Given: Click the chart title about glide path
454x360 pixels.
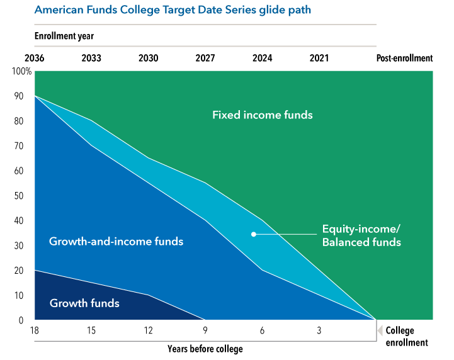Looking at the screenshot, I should (x=173, y=10).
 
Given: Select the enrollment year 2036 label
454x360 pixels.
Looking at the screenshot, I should (x=34, y=58).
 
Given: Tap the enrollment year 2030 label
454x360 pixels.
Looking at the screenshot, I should (x=148, y=58).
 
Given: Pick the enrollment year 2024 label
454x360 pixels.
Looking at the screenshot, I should (x=262, y=58).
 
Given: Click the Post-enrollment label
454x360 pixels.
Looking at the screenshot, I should (x=404, y=58).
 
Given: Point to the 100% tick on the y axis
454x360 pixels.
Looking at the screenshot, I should (x=21, y=71).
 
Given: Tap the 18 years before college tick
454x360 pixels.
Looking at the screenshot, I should (x=35, y=330).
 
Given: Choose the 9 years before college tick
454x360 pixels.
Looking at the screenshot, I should (x=205, y=330).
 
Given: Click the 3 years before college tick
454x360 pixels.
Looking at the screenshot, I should (x=319, y=330).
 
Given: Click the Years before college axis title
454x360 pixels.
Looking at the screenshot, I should (x=205, y=348).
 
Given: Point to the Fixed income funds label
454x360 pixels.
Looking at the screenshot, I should (x=262, y=115).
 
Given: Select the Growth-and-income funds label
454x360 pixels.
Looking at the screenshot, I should (x=116, y=241).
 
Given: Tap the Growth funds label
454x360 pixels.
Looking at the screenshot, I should (x=84, y=303).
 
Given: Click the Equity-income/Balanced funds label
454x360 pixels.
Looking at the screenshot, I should (x=361, y=235).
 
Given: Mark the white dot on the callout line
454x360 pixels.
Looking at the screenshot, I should (x=254, y=234).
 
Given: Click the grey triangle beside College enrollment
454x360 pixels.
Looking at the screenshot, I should (x=380, y=330).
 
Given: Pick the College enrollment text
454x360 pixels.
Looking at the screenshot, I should (x=406, y=337).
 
